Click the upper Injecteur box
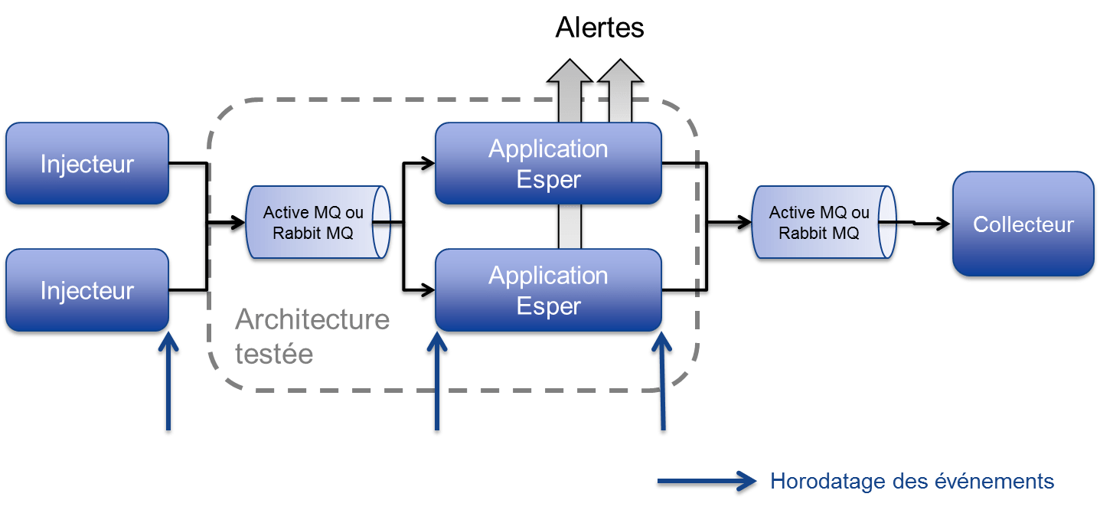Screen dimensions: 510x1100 pos(86,164)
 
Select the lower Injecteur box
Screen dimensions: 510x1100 pos(86,291)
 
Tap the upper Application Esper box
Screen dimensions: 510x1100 pos(548,164)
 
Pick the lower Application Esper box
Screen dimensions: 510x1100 pos(548,291)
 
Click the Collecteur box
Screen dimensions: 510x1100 pos(1023,224)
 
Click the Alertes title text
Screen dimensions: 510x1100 pos(599,28)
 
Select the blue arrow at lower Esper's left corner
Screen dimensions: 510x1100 pos(436,383)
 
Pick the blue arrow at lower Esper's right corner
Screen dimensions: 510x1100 pos(661,383)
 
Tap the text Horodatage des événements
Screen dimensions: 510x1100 pos(912,482)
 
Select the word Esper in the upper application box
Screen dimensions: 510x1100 pos(548,180)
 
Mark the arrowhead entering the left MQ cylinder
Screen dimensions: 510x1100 pos(233,225)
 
